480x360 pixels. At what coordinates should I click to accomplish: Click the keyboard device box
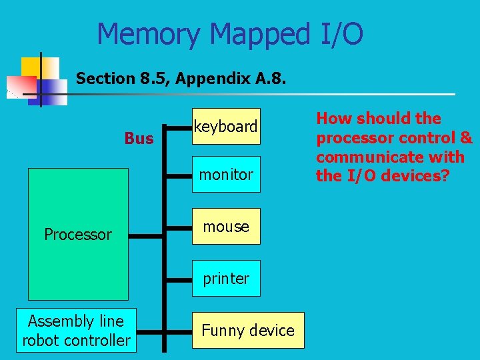(226, 126)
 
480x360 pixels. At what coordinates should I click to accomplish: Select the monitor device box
(226, 175)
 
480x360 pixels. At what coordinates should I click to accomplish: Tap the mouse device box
(226, 227)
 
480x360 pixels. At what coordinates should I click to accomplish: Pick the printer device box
(226, 279)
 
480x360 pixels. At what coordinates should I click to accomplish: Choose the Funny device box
(248, 330)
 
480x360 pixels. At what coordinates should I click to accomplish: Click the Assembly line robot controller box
(76, 331)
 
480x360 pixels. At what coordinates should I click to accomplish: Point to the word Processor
(77, 235)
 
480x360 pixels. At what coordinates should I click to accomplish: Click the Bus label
(139, 139)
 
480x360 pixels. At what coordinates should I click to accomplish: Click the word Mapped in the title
(260, 33)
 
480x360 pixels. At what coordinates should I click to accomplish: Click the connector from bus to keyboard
(178, 127)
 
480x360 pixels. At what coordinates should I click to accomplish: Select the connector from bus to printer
(178, 279)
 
